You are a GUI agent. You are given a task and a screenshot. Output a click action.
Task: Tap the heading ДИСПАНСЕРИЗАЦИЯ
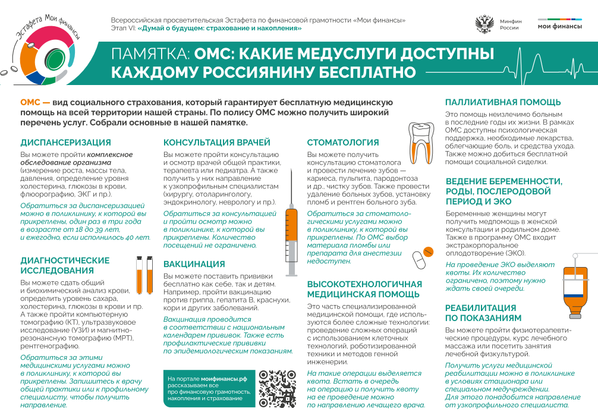(65, 143)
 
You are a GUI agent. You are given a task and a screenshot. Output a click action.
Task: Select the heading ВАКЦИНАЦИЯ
(194, 264)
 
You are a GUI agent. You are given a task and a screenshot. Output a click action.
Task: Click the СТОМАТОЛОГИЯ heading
(343, 143)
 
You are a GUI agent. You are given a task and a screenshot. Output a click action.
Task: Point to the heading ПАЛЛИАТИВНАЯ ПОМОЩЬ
(503, 102)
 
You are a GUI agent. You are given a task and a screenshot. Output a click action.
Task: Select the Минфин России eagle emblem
(485, 24)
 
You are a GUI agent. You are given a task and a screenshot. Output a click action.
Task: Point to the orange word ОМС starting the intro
(30, 102)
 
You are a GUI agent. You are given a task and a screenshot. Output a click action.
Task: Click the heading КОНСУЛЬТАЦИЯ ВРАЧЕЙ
(217, 143)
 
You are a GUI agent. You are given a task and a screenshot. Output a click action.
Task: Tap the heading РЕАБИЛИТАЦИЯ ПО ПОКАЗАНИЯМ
(480, 313)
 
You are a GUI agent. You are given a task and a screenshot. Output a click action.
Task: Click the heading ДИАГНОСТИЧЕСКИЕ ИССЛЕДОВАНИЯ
(65, 265)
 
